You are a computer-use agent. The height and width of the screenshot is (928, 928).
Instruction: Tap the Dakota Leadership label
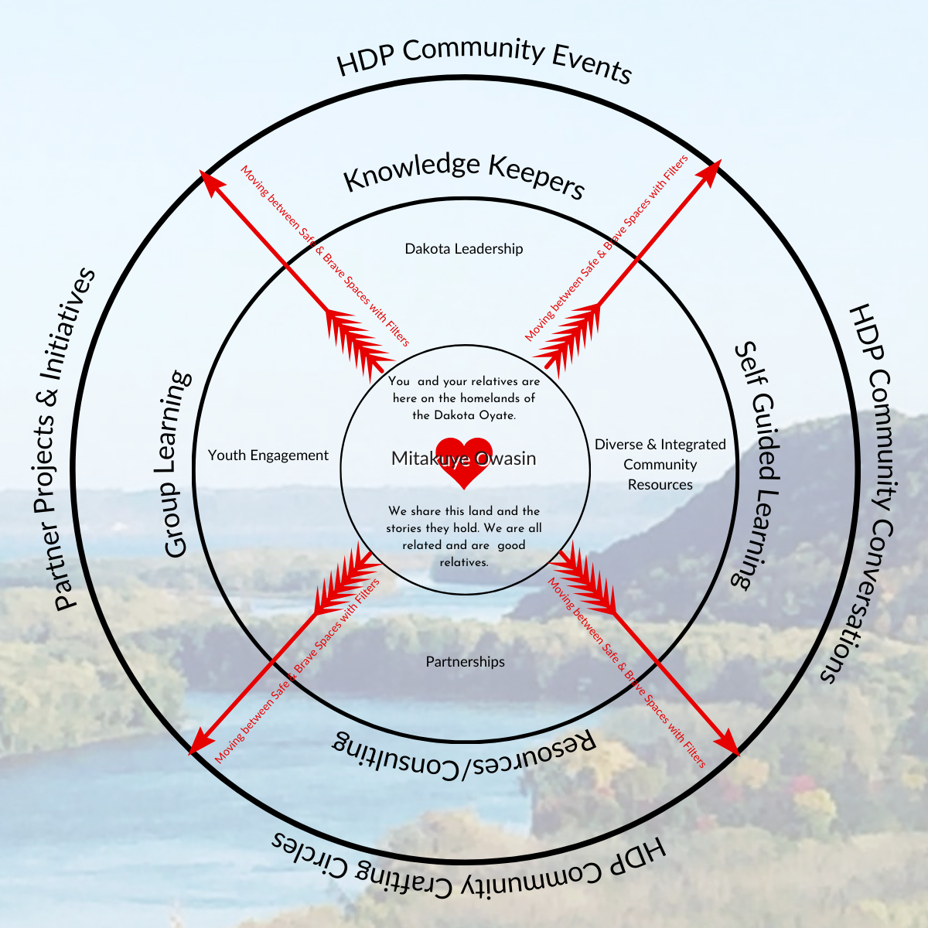[x=464, y=249]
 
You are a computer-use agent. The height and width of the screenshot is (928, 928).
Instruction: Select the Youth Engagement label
[x=268, y=455]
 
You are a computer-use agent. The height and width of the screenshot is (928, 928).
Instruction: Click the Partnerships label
[x=465, y=662]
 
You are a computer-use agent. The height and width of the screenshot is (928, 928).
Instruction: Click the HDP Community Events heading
[x=485, y=57]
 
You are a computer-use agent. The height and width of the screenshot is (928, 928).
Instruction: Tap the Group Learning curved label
[x=177, y=464]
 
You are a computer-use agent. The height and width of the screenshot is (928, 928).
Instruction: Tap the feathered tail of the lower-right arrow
[x=583, y=572]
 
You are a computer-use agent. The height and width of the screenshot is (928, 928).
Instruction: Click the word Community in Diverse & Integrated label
[x=660, y=465]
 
